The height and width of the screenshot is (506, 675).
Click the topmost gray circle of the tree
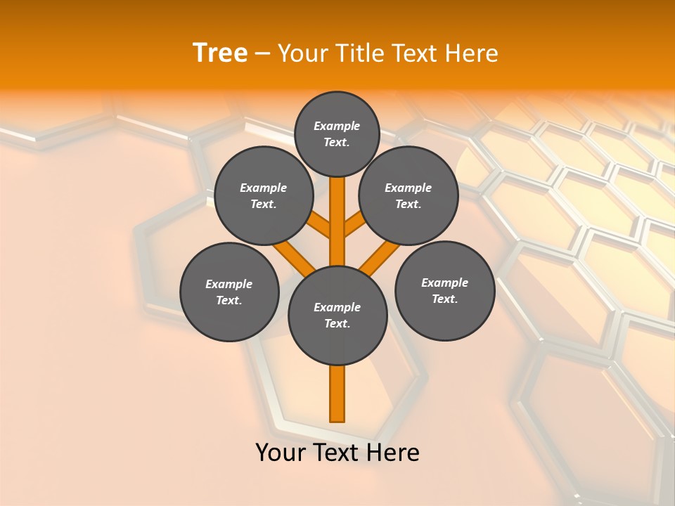337,134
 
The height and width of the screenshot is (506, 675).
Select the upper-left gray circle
263,195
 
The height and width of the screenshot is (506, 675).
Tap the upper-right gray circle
408,195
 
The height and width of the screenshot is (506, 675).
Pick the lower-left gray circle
229,292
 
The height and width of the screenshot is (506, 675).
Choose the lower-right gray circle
444,290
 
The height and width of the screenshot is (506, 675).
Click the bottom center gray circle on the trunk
337,316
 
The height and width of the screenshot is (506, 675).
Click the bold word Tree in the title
220,53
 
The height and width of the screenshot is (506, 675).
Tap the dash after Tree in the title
263,53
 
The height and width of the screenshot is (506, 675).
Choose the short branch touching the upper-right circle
355,225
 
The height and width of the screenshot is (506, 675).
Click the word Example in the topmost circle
337,126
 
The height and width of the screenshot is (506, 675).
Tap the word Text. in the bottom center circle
337,324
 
